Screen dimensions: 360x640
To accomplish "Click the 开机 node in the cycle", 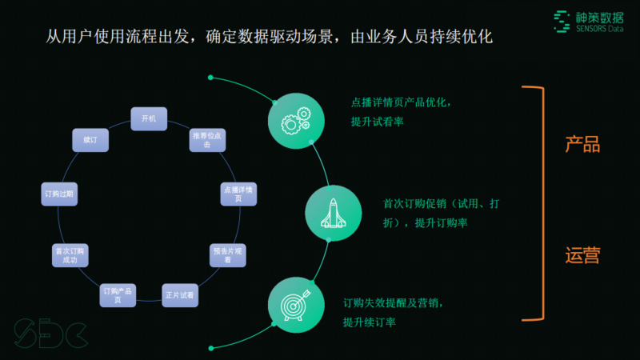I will click(x=149, y=118).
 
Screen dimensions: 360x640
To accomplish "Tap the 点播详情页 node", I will click(x=238, y=194).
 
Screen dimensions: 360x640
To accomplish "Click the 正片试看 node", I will click(x=179, y=295).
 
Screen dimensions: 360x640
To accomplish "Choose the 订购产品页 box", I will click(x=117, y=294).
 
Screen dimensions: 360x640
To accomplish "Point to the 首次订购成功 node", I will click(x=69, y=255).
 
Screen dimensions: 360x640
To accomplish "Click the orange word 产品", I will click(x=582, y=145).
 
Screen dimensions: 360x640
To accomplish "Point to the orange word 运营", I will click(x=582, y=256).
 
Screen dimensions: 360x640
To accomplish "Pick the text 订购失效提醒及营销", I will click(x=391, y=303).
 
